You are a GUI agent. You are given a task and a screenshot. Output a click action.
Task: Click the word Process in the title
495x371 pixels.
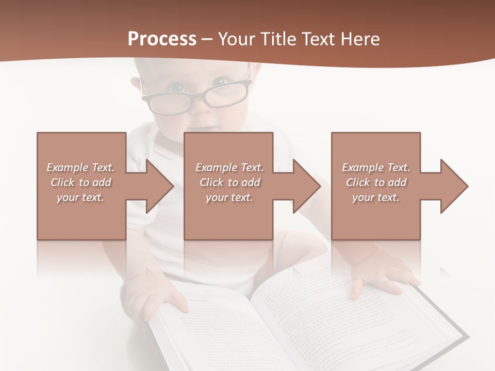point(162,39)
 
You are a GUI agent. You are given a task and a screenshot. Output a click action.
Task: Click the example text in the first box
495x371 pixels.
point(80,182)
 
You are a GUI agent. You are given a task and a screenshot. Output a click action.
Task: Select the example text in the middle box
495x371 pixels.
point(229,182)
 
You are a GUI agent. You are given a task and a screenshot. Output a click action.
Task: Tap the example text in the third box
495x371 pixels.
point(376,182)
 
